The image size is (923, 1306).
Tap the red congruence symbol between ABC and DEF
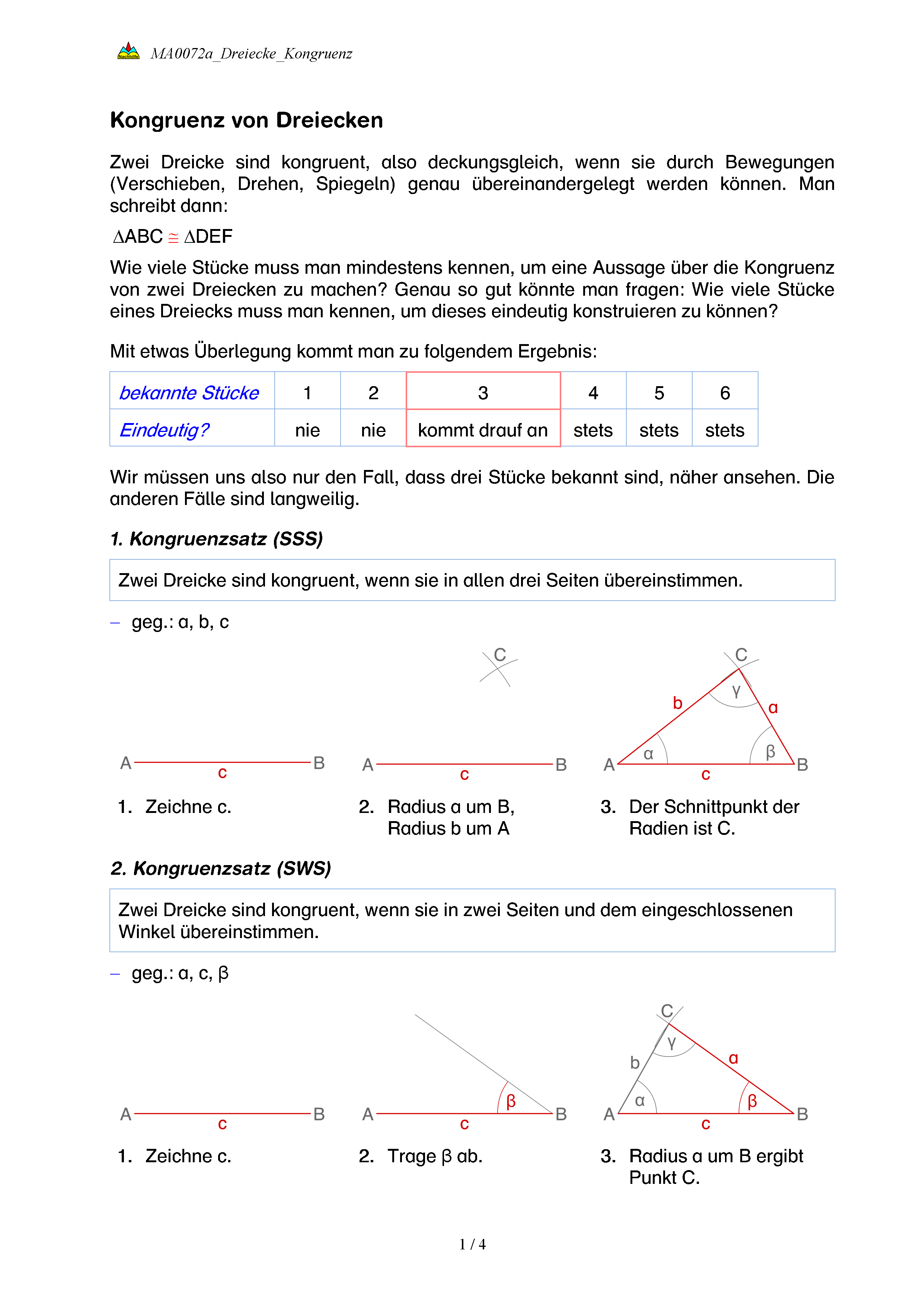tap(173, 237)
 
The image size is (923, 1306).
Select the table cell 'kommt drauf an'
tap(483, 430)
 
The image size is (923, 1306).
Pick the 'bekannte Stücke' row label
tap(189, 393)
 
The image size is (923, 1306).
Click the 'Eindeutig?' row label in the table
tap(164, 430)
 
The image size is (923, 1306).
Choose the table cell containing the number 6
tap(725, 393)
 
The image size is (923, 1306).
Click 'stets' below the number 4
tap(593, 430)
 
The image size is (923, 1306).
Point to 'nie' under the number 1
tap(307, 430)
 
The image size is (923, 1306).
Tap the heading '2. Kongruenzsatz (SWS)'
tap(221, 868)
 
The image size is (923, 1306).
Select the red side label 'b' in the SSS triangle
tap(677, 703)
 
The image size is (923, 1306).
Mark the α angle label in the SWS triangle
tap(640, 1101)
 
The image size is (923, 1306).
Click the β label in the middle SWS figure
tap(511, 1101)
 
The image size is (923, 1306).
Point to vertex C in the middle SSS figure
tap(499, 655)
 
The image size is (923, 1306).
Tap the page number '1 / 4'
tap(472, 1245)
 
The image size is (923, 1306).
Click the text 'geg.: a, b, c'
tap(180, 622)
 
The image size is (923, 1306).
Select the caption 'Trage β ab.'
tap(435, 1156)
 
